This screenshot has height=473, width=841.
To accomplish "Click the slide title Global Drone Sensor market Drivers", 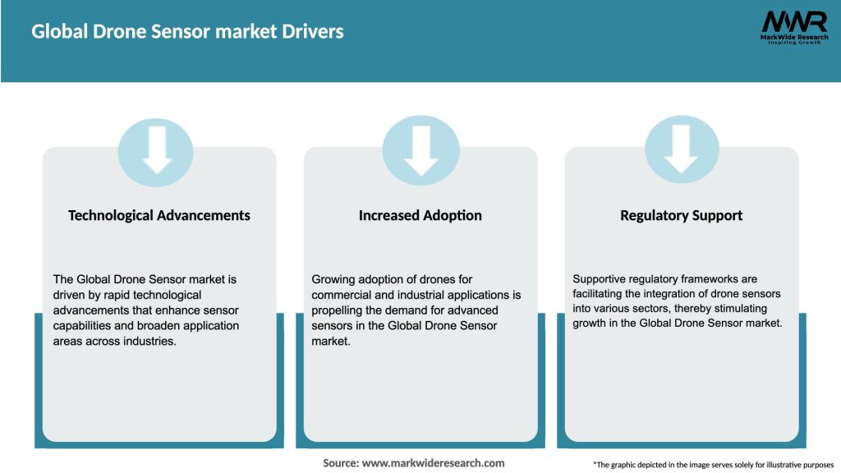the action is point(187,32).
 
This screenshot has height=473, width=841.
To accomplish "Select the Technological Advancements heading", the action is point(159,215).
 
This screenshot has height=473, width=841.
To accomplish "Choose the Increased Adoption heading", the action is point(420,215).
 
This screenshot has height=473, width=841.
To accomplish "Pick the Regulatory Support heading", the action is point(681,215).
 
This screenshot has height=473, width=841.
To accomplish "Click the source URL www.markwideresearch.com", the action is point(434,463).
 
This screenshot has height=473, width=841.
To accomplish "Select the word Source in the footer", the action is point(340,463).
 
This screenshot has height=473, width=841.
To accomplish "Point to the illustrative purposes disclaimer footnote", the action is point(713,465).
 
